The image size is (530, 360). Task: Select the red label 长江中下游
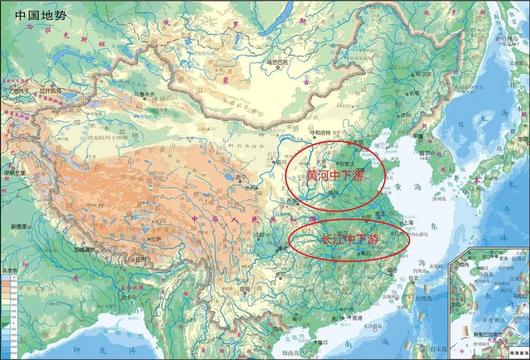349,239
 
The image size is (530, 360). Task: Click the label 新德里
22,226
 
